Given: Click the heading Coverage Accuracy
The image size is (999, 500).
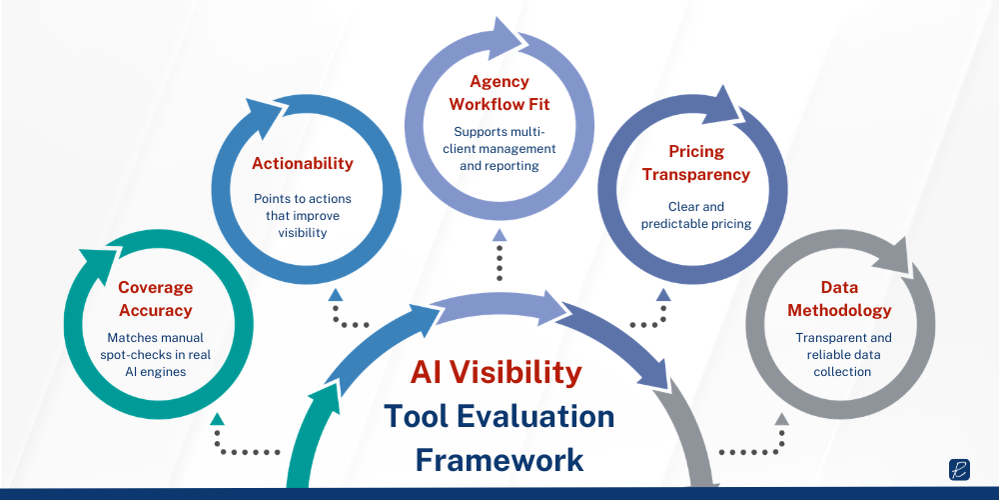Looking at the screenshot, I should coord(155,298).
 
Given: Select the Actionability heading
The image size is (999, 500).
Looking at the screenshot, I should coord(303,163).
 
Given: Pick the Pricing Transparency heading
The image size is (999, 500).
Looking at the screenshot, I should coord(695,163).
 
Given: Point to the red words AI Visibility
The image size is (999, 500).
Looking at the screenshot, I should coord(496,372).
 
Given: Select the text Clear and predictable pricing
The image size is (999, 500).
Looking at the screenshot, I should coord(695,215).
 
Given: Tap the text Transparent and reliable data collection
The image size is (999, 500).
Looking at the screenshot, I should coord(842,354).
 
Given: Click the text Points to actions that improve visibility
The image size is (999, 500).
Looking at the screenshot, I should coord(302,216).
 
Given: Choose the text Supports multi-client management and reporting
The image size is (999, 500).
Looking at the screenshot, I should coord(499,148).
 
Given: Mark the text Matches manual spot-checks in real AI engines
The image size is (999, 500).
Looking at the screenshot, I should coord(155,354).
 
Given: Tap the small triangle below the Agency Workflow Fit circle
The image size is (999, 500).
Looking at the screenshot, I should coord(499,235).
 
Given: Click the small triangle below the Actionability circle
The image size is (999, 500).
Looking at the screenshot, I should coord(336,295).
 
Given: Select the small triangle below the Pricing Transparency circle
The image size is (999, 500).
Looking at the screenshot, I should coord(661,295).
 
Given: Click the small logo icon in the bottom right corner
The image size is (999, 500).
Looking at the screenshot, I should coord(961,470).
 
